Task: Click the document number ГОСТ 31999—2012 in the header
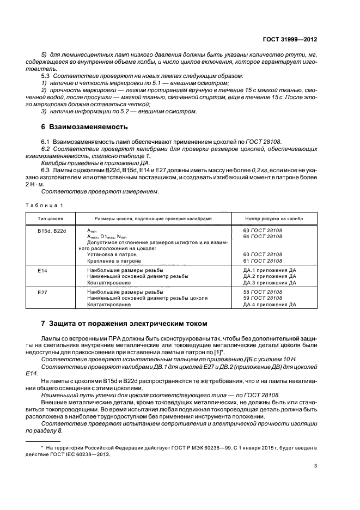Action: (290, 40)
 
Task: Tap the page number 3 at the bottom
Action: (316, 465)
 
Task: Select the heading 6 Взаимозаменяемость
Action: (84, 128)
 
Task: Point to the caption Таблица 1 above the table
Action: (45, 204)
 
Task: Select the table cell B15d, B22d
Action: (52, 230)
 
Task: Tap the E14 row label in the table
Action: (42, 270)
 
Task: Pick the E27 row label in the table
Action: (42, 293)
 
